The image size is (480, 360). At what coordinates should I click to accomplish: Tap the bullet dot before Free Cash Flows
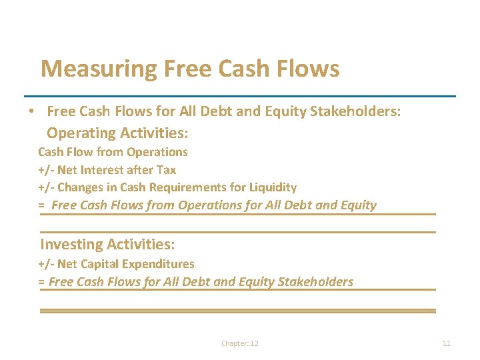pos(32,111)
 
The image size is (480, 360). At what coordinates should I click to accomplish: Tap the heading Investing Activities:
pos(107,245)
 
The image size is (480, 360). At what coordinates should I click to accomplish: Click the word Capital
pos(100,264)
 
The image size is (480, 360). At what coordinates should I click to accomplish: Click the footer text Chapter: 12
pos(240,343)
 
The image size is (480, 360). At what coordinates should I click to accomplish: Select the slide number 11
pos(447,343)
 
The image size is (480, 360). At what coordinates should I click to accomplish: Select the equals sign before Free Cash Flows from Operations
pos(41,205)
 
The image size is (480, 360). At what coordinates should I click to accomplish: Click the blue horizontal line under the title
pos(240,96)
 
